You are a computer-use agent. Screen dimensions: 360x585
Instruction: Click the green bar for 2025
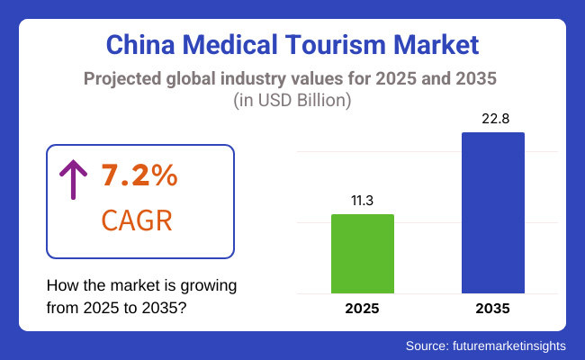[x=363, y=254]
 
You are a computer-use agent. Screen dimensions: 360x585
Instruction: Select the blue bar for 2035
[x=492, y=212]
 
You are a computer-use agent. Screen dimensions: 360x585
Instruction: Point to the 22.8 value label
[x=492, y=119]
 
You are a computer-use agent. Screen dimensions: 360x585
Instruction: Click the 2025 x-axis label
[x=363, y=309]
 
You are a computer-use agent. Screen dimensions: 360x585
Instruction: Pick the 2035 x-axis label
[x=492, y=309]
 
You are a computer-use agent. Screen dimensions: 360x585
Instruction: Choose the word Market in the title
[x=438, y=45]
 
